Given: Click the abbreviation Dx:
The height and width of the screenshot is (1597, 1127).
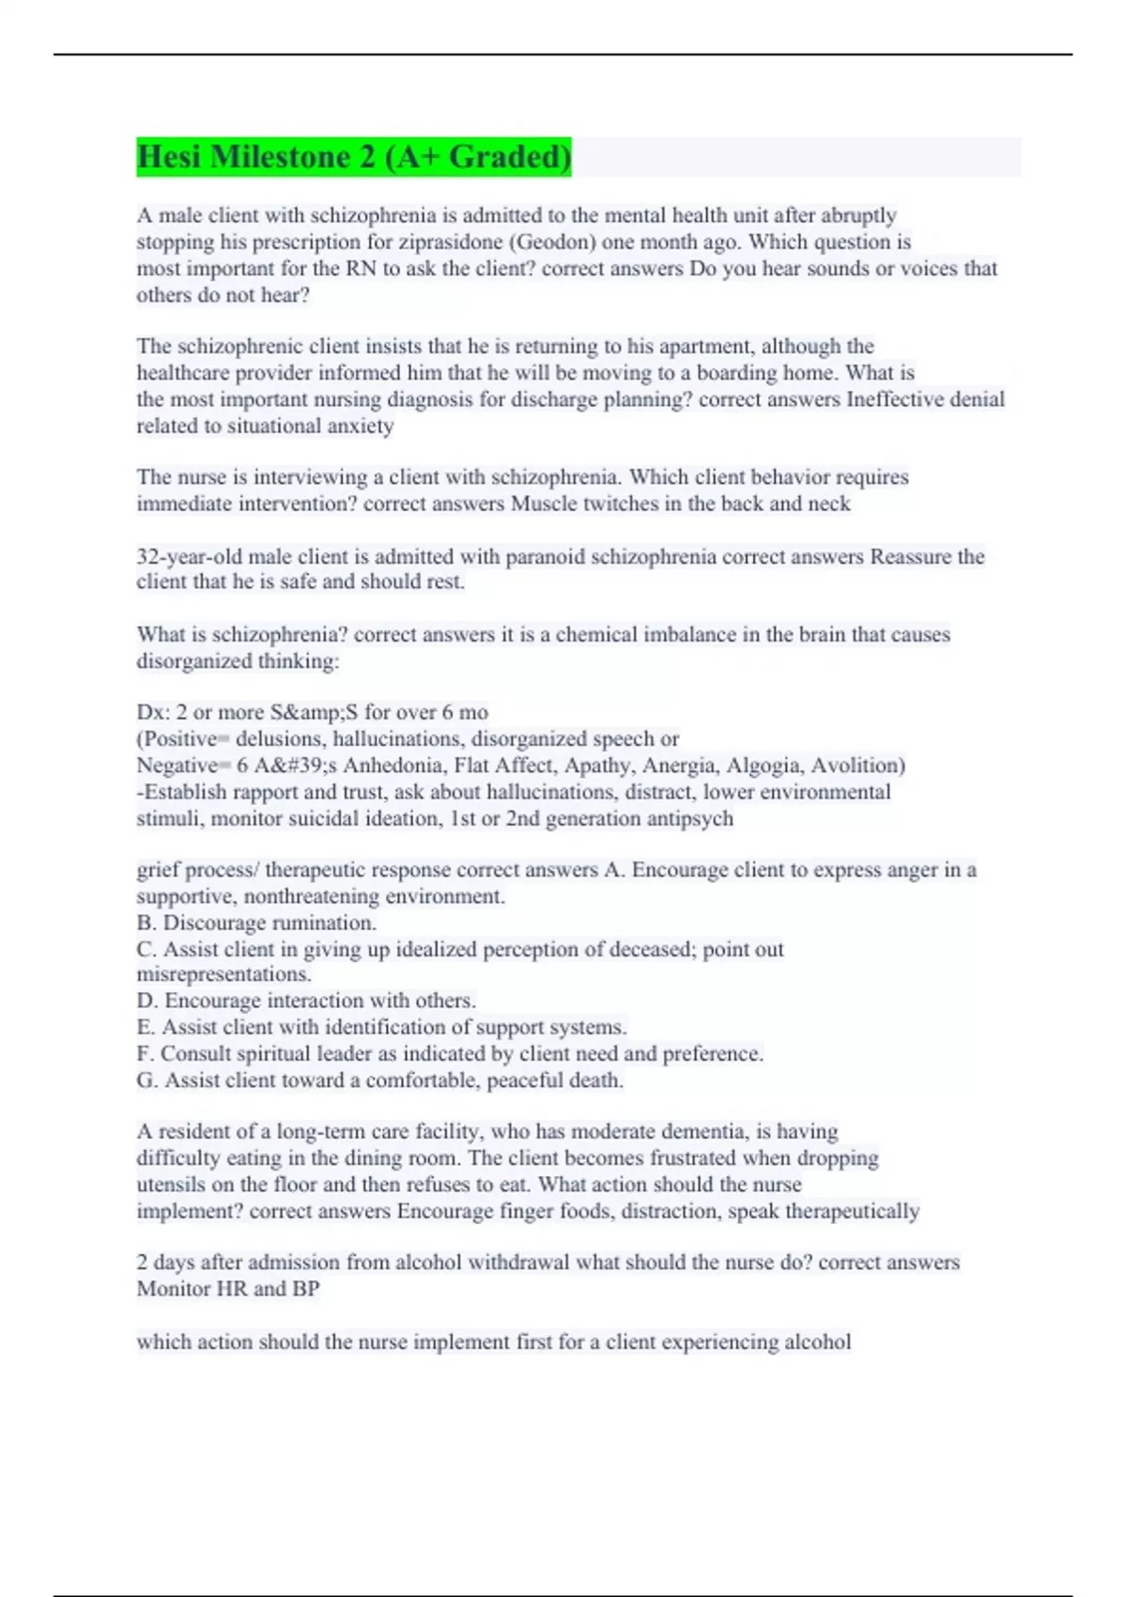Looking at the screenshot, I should pyautogui.click(x=153, y=712).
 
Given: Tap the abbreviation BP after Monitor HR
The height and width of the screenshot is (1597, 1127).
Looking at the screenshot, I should pyautogui.click(x=305, y=1289).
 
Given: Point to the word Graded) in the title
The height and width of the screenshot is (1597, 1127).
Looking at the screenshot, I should pyautogui.click(x=510, y=157).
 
